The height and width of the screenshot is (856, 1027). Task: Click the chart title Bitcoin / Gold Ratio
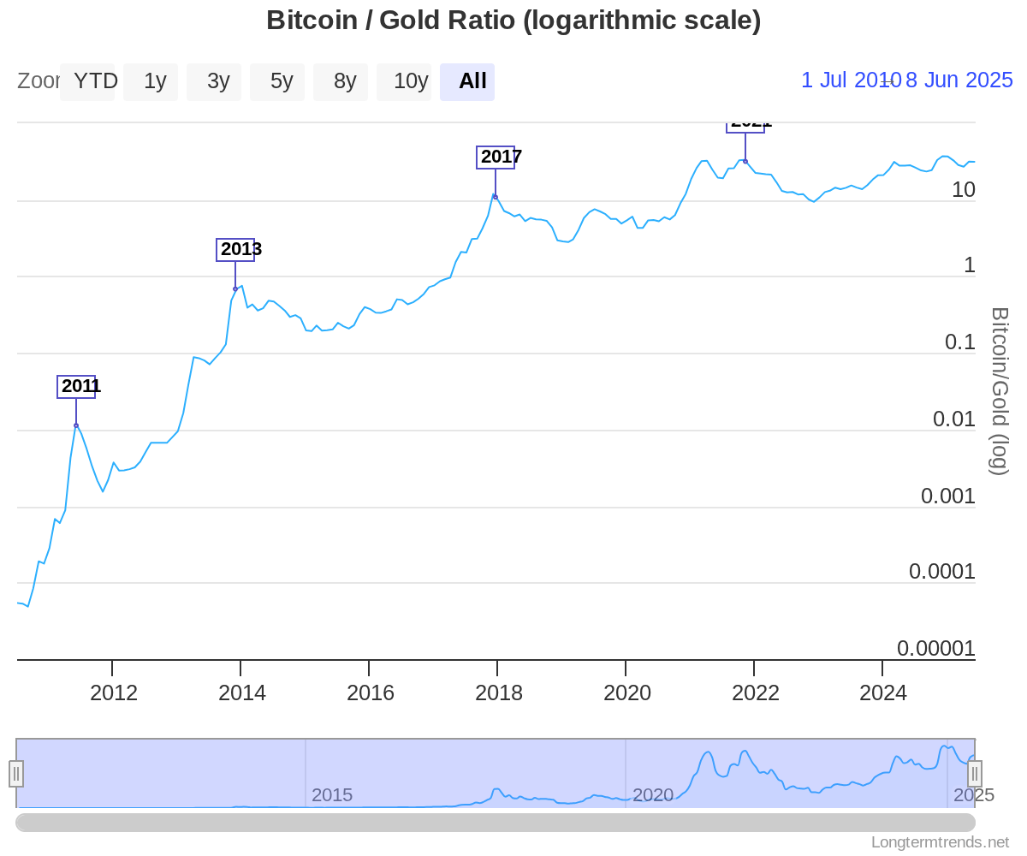(513, 20)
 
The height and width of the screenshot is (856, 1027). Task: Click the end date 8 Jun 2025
(959, 80)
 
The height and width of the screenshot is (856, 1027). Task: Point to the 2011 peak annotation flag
(76, 386)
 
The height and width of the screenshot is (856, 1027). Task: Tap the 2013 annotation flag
(235, 249)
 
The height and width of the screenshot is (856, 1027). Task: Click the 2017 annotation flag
(496, 157)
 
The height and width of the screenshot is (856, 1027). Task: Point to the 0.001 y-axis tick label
(947, 496)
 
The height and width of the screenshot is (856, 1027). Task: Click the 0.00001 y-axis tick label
(935, 648)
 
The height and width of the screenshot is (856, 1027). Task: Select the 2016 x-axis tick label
(370, 693)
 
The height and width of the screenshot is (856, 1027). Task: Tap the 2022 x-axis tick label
(755, 693)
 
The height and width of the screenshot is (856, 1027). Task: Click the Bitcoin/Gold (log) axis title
(999, 390)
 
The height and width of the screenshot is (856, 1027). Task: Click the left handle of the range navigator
(16, 773)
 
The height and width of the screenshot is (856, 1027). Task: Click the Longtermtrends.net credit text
(940, 842)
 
